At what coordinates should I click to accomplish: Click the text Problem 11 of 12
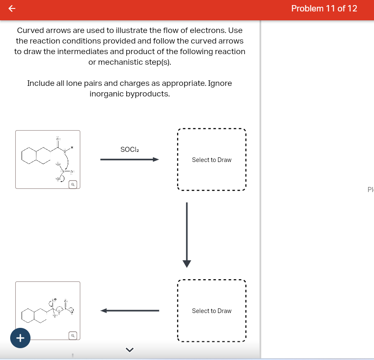coord(324,8)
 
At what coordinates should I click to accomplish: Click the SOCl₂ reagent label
coord(130,149)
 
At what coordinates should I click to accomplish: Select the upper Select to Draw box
coord(211,159)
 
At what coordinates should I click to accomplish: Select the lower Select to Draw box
coord(211,311)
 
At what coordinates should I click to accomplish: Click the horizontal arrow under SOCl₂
coord(129,159)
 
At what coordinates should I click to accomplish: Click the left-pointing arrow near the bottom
coord(129,311)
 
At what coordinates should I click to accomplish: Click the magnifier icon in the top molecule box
coord(73,184)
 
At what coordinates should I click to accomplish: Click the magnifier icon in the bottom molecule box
coord(73,335)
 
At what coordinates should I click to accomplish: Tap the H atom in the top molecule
coord(72,148)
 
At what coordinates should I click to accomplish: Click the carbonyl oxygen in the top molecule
coord(58,139)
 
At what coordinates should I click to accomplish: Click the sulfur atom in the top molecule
coord(64,171)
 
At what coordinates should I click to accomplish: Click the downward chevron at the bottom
coord(130,349)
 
